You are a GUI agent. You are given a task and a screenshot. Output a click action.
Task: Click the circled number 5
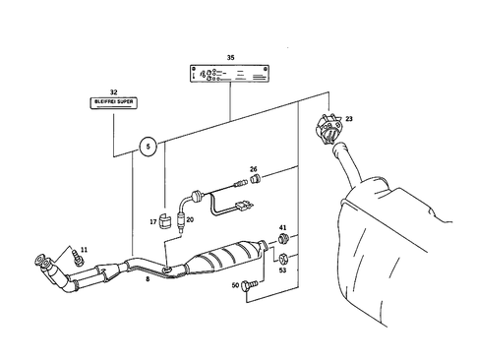point(148,148)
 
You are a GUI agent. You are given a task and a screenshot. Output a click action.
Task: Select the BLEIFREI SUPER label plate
point(116,101)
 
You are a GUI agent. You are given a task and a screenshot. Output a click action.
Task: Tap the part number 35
point(230,58)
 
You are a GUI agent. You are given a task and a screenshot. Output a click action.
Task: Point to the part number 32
point(114,90)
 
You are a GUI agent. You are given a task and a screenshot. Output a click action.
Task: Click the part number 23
point(349,119)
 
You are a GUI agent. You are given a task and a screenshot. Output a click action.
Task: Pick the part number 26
point(253,169)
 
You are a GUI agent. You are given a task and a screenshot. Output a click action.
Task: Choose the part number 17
point(154,221)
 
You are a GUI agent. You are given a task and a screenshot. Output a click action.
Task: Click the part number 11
point(84,251)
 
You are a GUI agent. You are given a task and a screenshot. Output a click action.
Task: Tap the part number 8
point(148,280)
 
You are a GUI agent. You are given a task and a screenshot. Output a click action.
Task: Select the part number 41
point(282,228)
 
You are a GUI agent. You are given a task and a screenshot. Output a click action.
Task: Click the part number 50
point(235,285)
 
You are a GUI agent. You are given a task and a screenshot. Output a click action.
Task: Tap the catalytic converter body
point(226,259)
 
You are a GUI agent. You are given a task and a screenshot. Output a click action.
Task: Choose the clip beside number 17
point(166,220)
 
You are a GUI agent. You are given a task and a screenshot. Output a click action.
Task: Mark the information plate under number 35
point(230,75)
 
